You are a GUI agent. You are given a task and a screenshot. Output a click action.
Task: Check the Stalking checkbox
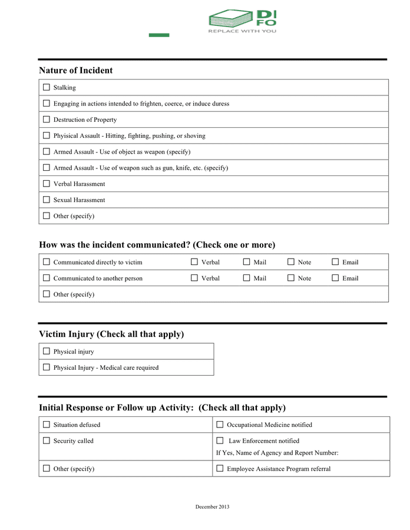point(47,87)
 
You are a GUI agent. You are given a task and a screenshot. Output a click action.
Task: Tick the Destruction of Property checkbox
point(47,120)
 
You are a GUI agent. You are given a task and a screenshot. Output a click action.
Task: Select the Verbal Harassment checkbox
point(47,184)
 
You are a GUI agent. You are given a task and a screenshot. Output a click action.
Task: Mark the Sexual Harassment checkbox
point(47,200)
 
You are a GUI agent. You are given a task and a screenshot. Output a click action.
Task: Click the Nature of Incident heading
point(75,71)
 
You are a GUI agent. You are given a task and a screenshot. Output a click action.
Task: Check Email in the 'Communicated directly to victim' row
point(335,262)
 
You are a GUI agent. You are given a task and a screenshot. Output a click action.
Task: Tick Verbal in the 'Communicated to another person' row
point(194,278)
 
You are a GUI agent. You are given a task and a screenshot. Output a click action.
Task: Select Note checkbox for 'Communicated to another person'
point(291,278)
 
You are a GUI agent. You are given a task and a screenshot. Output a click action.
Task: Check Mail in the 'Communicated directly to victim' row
point(246,262)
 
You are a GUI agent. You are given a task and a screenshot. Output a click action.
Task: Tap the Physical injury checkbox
point(47,351)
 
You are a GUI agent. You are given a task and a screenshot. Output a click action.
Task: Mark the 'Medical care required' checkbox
point(47,367)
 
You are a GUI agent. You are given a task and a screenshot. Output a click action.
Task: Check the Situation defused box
point(47,425)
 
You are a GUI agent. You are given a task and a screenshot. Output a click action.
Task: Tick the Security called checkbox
point(47,440)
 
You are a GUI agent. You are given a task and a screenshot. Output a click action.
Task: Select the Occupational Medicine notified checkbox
point(220,425)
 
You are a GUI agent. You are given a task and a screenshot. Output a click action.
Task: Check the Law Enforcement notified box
point(220,440)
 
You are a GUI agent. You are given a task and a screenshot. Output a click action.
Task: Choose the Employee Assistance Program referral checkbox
point(220,469)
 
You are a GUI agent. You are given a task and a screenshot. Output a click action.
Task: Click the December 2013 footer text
point(212,507)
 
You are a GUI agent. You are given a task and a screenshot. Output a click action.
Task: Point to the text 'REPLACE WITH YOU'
point(242,31)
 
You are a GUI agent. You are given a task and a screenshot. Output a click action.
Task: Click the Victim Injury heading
point(111,334)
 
